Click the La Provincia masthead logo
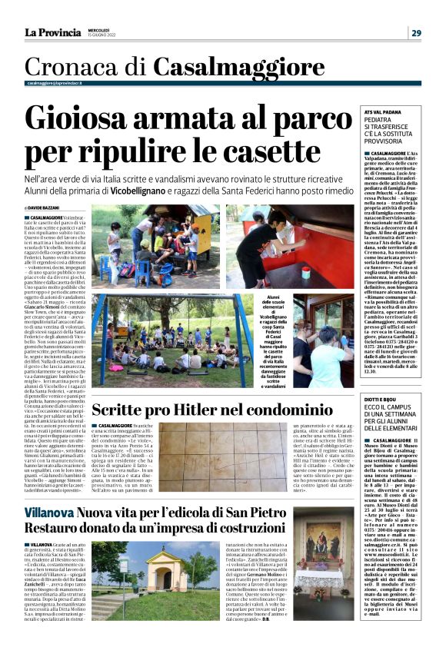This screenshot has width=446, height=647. pos(52,32)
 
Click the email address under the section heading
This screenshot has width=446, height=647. pos(55,83)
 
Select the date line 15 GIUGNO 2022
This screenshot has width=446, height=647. pos(103,35)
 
